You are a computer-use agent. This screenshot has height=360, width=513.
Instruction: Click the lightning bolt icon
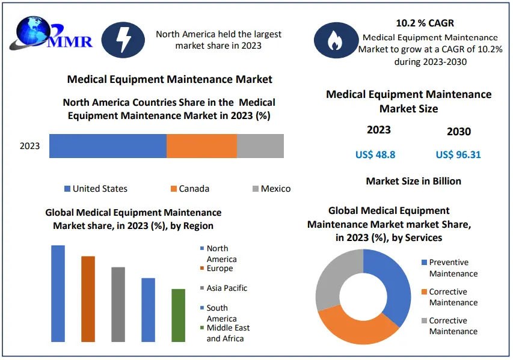(x=123, y=40)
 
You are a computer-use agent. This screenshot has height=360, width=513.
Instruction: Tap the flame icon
(x=333, y=40)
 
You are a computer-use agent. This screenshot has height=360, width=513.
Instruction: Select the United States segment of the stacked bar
(x=108, y=146)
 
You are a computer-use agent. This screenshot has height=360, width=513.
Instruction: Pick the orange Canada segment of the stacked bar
(x=201, y=146)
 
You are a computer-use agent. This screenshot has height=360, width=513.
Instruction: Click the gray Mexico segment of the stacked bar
(x=260, y=146)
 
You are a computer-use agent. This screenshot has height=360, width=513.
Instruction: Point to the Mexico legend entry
(x=271, y=189)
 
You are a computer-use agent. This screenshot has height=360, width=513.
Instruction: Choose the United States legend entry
(x=96, y=189)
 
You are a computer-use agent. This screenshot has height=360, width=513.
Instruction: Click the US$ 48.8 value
(x=375, y=154)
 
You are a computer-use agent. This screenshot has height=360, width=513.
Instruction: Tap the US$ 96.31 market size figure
(x=458, y=154)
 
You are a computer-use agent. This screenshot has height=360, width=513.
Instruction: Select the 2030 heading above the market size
(x=458, y=132)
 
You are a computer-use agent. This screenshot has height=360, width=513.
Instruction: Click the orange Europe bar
(x=88, y=299)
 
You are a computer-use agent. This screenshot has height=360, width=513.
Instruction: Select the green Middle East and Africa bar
(x=178, y=315)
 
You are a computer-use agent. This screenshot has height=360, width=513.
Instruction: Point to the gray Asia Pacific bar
(x=118, y=304)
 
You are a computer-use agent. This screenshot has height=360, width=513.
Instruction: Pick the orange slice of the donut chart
(x=355, y=328)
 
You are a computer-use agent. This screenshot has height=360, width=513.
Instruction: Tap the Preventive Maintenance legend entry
(x=451, y=268)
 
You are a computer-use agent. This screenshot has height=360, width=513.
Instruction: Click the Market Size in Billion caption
(x=413, y=181)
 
